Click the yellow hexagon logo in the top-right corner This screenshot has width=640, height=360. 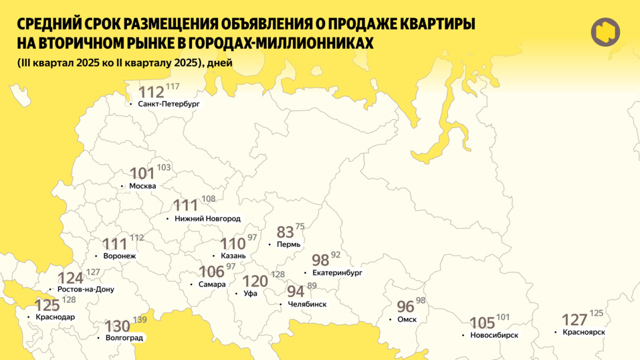pos(605,32)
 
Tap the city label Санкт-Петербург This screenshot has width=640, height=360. pos(169,104)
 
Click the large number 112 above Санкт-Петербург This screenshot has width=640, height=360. pos(151,92)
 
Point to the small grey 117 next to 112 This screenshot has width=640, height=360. pos(173,87)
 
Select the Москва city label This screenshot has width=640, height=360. pos(142,185)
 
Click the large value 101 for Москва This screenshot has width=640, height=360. pos(142,173)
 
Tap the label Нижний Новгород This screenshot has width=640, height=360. pos(207,219)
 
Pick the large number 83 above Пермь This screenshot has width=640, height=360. pos(286,232)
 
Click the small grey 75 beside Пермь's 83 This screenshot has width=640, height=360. pos(300,227)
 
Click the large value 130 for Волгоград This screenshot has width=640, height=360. pos(118,326)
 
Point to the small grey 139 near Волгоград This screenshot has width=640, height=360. pos(139,321)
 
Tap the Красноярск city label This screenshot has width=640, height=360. pos(584,332)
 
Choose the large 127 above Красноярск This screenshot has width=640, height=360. pos(574,319)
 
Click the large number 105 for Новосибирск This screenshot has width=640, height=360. pos(482,323)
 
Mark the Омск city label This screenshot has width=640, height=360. pos(407,319)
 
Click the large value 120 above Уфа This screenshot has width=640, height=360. pos(255,281)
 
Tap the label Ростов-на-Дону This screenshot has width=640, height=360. pos(86,289)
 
